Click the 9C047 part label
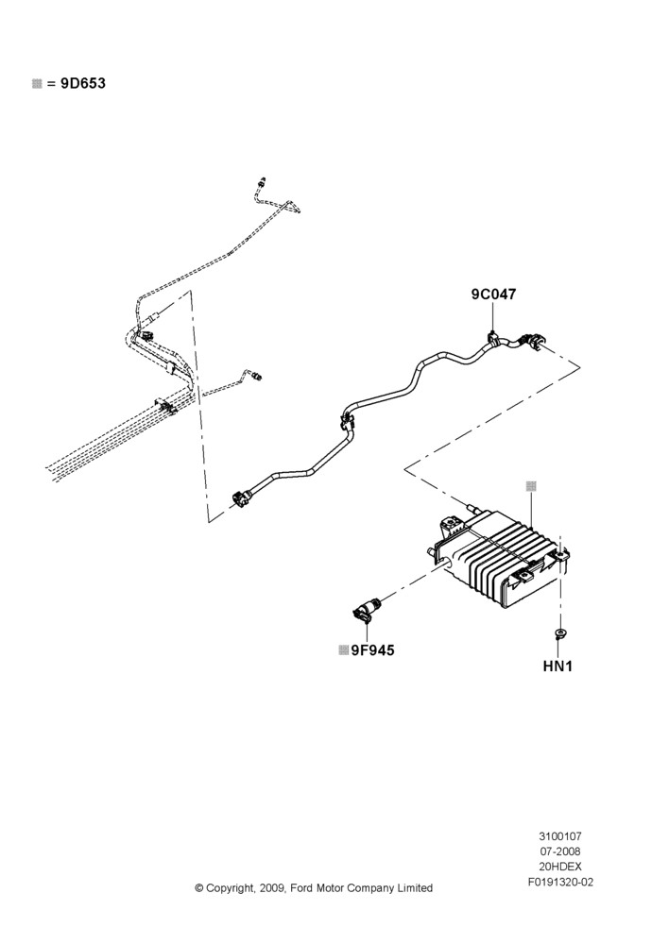pyautogui.click(x=493, y=294)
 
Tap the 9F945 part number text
pyautogui.click(x=372, y=650)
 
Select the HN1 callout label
pyautogui.click(x=557, y=666)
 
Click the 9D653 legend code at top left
pyautogui.click(x=82, y=83)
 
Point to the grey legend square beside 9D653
pyautogui.click(x=37, y=84)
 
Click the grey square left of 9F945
pyautogui.click(x=344, y=650)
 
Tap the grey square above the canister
pyautogui.click(x=531, y=486)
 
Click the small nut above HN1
pyautogui.click(x=560, y=632)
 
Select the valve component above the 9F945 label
pyautogui.click(x=366, y=611)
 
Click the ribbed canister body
pyautogui.click(x=500, y=557)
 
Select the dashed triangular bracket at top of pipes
pyautogui.click(x=292, y=206)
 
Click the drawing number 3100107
pyautogui.click(x=560, y=836)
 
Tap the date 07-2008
pyautogui.click(x=560, y=851)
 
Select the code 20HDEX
pyautogui.click(x=560, y=867)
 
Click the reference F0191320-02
pyautogui.click(x=560, y=883)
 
